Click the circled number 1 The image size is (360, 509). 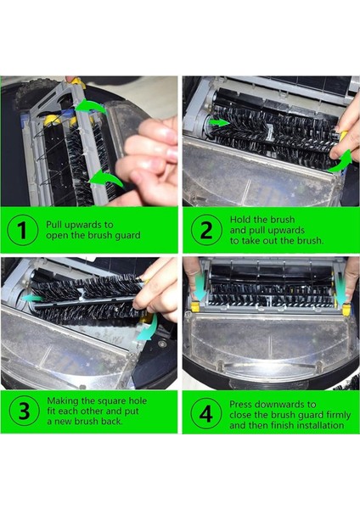pyautogui.click(x=23, y=231)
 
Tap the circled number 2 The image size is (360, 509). pyautogui.click(x=205, y=231)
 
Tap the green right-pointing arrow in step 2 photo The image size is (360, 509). pyautogui.click(x=219, y=123)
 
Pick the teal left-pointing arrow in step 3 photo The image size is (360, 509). pyautogui.click(x=34, y=298)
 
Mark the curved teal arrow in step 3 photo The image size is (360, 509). pyautogui.click(x=150, y=333)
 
